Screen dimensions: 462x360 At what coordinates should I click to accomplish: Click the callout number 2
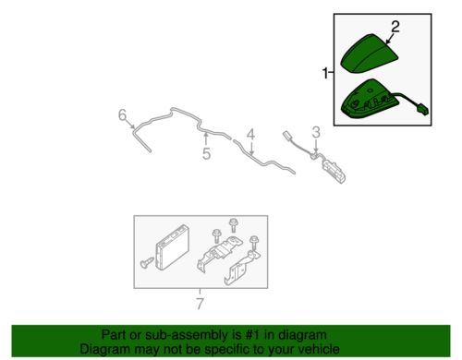pyautogui.click(x=395, y=27)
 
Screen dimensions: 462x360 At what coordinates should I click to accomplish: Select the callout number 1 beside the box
pyautogui.click(x=325, y=73)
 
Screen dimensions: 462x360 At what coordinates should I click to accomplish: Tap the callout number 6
pyautogui.click(x=123, y=115)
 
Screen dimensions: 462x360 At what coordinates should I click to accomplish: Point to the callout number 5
pyautogui.click(x=207, y=153)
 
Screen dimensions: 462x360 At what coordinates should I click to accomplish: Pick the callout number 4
pyautogui.click(x=251, y=135)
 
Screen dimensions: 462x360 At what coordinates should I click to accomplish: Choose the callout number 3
pyautogui.click(x=316, y=132)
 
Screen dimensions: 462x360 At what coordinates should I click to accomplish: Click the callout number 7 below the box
pyautogui.click(x=200, y=304)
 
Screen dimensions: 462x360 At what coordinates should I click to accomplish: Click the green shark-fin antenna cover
pyautogui.click(x=369, y=54)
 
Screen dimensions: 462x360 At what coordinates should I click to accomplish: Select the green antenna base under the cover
pyautogui.click(x=367, y=99)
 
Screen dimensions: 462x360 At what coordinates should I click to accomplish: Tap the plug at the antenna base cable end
pyautogui.click(x=422, y=110)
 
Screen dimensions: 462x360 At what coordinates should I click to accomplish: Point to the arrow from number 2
pyautogui.click(x=390, y=39)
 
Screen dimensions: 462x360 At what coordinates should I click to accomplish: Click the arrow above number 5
pyautogui.click(x=206, y=138)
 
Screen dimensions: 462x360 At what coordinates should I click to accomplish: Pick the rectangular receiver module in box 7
pyautogui.click(x=172, y=247)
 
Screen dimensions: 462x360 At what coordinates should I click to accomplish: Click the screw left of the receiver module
pyautogui.click(x=147, y=262)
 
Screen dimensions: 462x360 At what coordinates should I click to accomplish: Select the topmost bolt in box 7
pyautogui.click(x=233, y=225)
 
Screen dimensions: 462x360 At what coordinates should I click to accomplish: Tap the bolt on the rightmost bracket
pyautogui.click(x=254, y=244)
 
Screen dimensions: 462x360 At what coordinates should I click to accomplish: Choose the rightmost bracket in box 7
pyautogui.click(x=242, y=268)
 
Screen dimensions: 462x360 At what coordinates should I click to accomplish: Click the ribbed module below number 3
pyautogui.click(x=334, y=172)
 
